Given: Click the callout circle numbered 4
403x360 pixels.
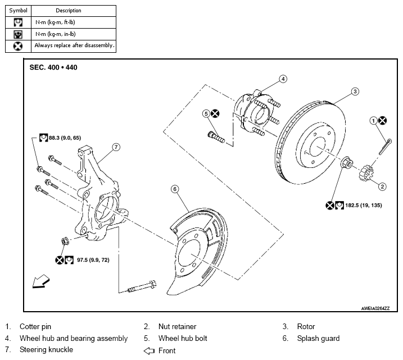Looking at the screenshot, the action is click(283, 79).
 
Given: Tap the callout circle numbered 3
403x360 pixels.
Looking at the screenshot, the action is click(355, 92).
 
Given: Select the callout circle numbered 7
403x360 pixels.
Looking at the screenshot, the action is click(116, 147).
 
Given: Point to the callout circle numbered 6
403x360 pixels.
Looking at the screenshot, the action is click(175, 189).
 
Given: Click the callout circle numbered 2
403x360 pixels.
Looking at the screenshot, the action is click(382, 186).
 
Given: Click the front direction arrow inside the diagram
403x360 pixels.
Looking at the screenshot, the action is click(41, 281).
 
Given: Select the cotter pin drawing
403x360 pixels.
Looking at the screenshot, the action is click(385, 147).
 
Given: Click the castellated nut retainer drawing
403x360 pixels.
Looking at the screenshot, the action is click(365, 173).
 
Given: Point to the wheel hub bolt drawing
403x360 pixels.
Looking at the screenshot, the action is click(216, 137).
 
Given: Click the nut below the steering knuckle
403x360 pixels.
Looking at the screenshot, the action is click(65, 241).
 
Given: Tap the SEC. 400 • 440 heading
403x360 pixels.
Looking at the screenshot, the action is click(53, 67).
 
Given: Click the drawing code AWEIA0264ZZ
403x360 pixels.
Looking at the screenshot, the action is click(375, 308).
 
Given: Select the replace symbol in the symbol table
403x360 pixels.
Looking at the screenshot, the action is click(18, 46).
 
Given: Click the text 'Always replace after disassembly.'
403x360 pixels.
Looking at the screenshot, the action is click(74, 45).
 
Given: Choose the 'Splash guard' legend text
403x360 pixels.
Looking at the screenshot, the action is click(318, 339).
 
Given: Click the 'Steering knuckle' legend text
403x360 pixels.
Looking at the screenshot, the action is click(46, 350).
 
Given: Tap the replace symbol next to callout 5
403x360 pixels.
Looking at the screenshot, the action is click(215, 113).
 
